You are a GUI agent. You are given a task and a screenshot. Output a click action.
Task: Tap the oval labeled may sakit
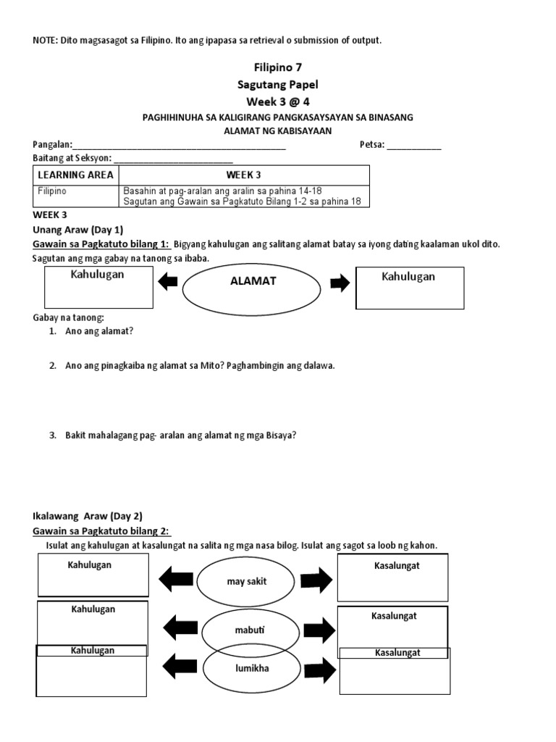(248, 580)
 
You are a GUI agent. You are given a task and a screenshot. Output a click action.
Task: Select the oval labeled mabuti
(250, 630)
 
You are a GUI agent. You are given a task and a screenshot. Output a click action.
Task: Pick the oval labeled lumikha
(250, 668)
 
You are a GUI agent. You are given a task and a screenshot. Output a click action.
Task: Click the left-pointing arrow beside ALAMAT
(168, 282)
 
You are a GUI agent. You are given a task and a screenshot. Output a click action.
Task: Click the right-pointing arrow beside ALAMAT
(339, 283)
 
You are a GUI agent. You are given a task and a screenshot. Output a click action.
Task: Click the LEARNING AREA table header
(76, 175)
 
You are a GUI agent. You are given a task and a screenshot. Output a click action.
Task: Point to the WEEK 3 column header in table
(243, 175)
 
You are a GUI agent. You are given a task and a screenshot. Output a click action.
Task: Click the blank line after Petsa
(414, 145)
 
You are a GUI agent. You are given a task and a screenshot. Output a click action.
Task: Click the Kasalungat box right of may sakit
(392, 577)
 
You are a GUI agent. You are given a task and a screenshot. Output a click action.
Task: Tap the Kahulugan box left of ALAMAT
(99, 287)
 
